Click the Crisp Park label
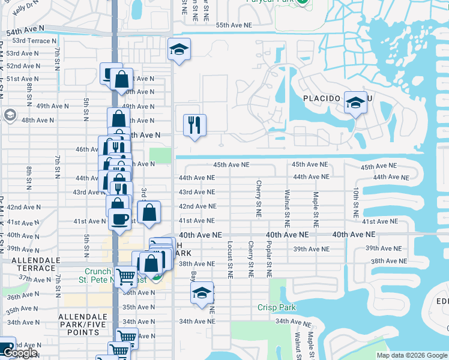point(277,307)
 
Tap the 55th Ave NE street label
point(234,25)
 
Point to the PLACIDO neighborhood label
point(322,98)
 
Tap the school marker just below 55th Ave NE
point(178,50)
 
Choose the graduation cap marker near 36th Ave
point(202,292)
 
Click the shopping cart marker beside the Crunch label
point(125,277)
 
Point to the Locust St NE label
point(230,260)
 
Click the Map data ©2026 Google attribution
point(411,355)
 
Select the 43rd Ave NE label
point(196,192)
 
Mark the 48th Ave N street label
point(38,120)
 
